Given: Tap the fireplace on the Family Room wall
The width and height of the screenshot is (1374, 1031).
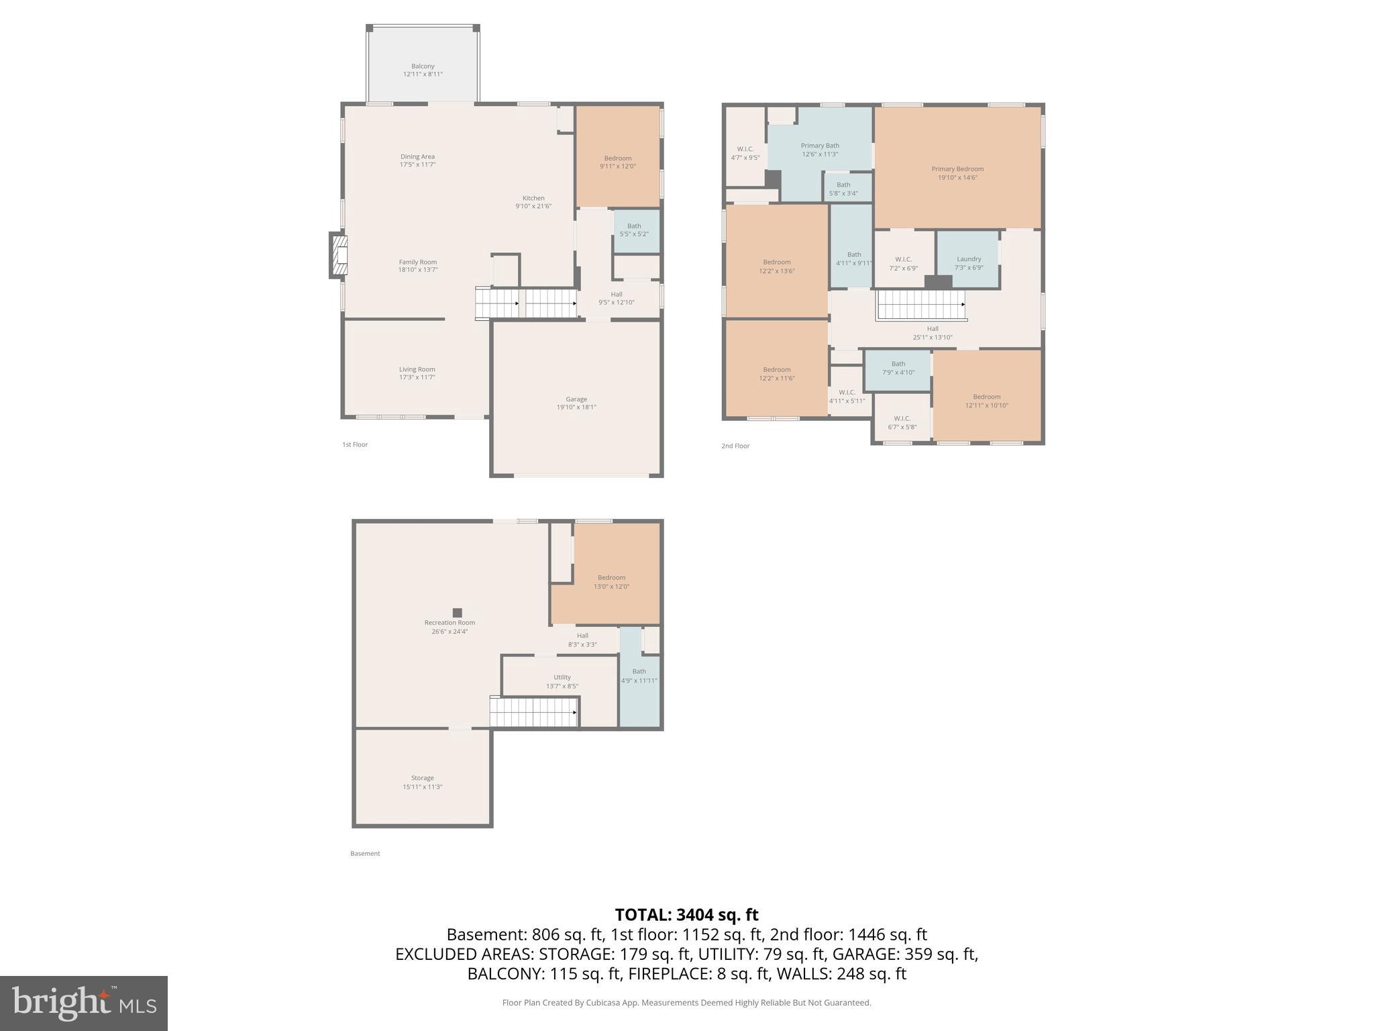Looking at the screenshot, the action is pos(338,254).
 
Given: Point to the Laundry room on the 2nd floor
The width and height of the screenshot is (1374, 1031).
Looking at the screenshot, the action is pos(968,260).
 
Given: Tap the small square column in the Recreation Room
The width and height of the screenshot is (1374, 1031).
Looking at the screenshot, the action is pos(458,613).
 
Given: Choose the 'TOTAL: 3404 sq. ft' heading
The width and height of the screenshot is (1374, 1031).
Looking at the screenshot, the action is pos(686,915).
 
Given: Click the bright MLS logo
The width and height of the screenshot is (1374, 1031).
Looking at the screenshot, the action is pos(84,1003).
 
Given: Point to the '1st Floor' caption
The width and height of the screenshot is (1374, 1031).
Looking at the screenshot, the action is pos(355,444).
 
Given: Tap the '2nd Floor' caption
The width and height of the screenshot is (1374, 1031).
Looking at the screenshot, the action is pos(735,446).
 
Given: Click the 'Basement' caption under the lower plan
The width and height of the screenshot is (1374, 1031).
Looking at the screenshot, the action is pos(365,854).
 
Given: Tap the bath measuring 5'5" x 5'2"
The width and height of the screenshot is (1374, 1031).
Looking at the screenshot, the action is pos(636,231).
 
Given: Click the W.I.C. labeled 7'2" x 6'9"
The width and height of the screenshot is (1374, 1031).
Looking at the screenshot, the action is pos(904,259).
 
